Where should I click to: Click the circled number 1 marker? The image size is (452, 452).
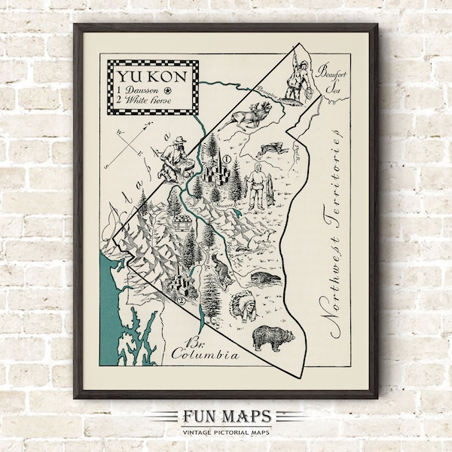[225, 160]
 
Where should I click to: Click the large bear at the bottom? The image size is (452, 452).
[270, 338]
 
